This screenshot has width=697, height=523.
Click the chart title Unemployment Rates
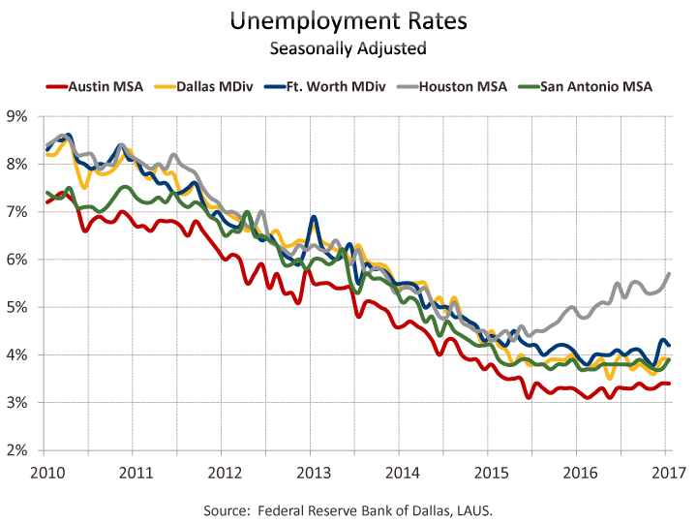[348, 20]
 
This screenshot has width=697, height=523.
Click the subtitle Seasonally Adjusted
[348, 46]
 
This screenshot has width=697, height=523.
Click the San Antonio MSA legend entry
[593, 86]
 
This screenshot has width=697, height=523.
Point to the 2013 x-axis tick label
[310, 473]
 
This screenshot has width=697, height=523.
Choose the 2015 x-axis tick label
[488, 473]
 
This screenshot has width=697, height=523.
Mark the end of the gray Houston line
[670, 274]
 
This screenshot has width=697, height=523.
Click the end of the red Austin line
[670, 384]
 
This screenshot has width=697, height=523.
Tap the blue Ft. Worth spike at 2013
[314, 217]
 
